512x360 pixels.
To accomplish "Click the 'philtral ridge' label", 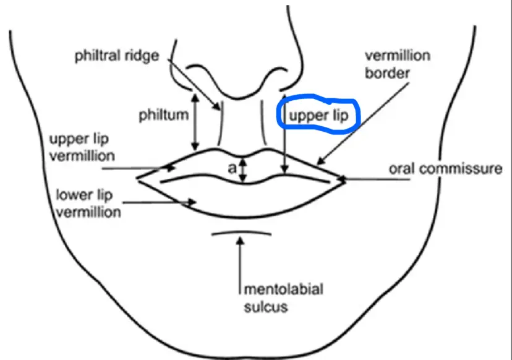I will pyautogui.click(x=116, y=56).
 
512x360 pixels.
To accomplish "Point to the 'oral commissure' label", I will pyautogui.click(x=445, y=168).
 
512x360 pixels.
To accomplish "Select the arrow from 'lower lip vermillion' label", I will pyautogui.click(x=161, y=201).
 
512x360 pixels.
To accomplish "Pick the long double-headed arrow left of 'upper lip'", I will pyautogui.click(x=283, y=133).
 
